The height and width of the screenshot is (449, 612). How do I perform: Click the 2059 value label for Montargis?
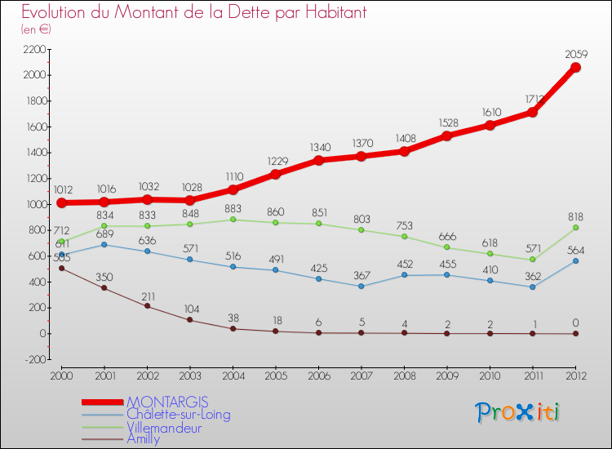pos(576,55)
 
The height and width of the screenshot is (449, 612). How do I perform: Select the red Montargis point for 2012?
pos(575,68)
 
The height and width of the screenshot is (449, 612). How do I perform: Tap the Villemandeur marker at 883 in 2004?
pos(233,220)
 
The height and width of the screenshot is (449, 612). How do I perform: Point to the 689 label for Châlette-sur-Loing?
pos(104,234)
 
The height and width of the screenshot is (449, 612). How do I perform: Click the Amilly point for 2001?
pos(104,288)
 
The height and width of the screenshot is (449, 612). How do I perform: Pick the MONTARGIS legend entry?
pos(167,402)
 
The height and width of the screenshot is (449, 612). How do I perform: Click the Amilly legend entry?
pos(144,438)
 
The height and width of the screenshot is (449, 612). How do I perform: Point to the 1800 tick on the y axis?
pos(34,101)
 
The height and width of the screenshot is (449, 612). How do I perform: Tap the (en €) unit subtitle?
pos(36,29)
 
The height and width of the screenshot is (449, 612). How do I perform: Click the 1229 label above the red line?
pos(276,161)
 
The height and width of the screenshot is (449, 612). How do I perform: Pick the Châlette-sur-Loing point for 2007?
pos(361,286)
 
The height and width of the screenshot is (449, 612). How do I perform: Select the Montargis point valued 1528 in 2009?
pos(447,136)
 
